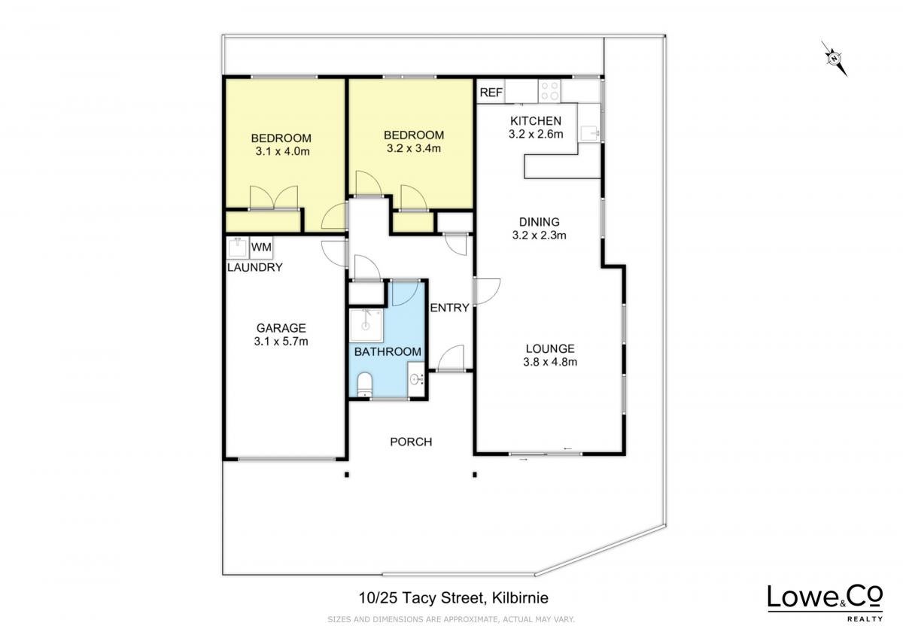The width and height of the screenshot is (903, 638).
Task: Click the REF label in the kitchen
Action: [491, 93]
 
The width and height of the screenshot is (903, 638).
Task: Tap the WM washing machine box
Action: [261, 247]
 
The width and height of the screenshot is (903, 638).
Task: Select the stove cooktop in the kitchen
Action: [549, 91]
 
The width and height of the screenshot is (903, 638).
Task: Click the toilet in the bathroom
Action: [365, 384]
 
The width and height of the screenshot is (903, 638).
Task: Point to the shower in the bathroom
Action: [366, 325]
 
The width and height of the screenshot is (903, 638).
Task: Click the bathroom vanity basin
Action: [415, 379]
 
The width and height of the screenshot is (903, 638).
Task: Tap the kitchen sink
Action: [590, 132]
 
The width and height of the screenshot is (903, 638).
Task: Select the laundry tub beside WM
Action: [238, 247]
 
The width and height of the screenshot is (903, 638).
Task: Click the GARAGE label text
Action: [281, 328]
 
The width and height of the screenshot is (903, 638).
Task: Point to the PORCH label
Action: [411, 442]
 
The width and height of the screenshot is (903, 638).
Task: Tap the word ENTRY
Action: [449, 308]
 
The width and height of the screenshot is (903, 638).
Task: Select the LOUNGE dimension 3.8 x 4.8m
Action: [550, 362]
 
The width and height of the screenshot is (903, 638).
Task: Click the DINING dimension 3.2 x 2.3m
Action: [539, 235]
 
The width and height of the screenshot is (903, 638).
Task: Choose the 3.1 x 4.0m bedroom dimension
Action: [282, 151]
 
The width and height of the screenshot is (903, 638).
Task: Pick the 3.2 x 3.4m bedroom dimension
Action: [414, 148]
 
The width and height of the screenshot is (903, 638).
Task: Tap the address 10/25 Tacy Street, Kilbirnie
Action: [454, 597]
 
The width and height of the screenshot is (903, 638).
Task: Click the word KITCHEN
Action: [535, 121]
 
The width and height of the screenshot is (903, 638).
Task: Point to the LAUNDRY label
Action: [254, 267]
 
